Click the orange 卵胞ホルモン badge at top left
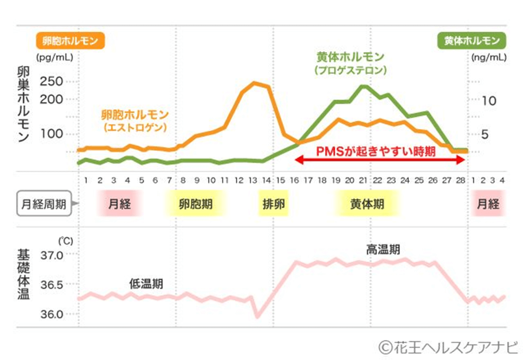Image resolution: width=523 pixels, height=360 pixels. click(70, 41)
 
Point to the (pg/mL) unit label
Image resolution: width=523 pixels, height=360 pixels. click(54, 58)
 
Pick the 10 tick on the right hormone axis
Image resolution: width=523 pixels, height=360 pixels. click(489, 100)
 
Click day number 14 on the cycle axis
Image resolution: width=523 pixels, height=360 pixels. click(266, 180)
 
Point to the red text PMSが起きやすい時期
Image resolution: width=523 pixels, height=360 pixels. click(375, 151)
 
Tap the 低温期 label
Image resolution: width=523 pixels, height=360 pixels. click(146, 284)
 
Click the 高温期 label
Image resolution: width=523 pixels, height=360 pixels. click(383, 250)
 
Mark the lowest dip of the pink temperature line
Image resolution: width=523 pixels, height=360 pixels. click(257, 317)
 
